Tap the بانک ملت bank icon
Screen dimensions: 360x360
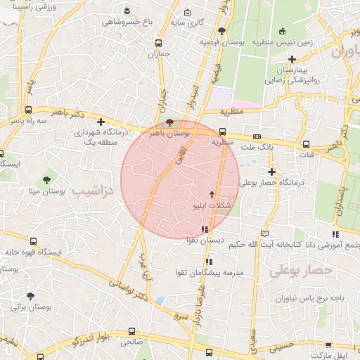pyautogui.click(x=257, y=136)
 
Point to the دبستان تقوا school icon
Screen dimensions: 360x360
pyautogui.click(x=205, y=229)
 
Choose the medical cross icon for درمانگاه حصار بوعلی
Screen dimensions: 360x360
pyautogui.click(x=272, y=171)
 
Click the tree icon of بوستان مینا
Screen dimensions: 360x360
pyautogui.click(x=46, y=179)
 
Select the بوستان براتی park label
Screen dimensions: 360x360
pyautogui.click(x=32, y=307)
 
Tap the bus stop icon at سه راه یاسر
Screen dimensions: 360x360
pyautogui.click(x=28, y=110)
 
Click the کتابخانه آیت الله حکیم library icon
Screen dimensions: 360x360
pyautogui.click(x=265, y=233)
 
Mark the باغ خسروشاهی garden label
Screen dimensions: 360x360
pyautogui.click(x=123, y=22)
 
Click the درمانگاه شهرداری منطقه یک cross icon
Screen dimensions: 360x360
pyautogui.click(x=101, y=122)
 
